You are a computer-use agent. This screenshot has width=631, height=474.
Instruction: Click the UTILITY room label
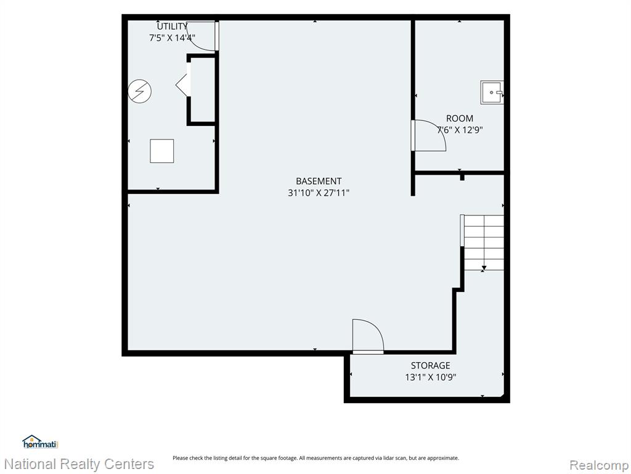[x=173, y=27]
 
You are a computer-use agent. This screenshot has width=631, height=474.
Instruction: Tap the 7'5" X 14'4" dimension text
[x=173, y=38]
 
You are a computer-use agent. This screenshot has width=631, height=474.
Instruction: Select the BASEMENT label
[x=319, y=181]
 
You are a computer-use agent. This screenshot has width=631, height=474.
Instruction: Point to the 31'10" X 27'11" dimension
[x=319, y=193]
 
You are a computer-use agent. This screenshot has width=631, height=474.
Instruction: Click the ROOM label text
[x=460, y=118]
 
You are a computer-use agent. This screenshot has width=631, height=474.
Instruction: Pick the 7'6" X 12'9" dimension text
[x=460, y=130]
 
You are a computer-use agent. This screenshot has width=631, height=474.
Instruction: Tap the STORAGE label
[x=431, y=365]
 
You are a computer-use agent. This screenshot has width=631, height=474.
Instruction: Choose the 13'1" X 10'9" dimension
[x=431, y=377]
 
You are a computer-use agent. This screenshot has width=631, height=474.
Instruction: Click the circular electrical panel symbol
[x=140, y=91]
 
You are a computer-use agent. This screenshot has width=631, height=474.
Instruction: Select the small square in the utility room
[x=162, y=151]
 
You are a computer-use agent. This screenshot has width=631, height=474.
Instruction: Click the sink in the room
[x=492, y=93]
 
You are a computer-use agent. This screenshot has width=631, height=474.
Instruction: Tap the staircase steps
[x=484, y=242]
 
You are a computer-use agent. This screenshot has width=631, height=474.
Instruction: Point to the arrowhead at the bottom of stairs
[x=484, y=268]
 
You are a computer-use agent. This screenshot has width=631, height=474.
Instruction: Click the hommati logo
[x=41, y=442]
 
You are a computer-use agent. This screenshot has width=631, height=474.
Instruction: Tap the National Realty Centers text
[x=79, y=464]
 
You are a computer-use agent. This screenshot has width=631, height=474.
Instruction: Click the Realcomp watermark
[x=599, y=465]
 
